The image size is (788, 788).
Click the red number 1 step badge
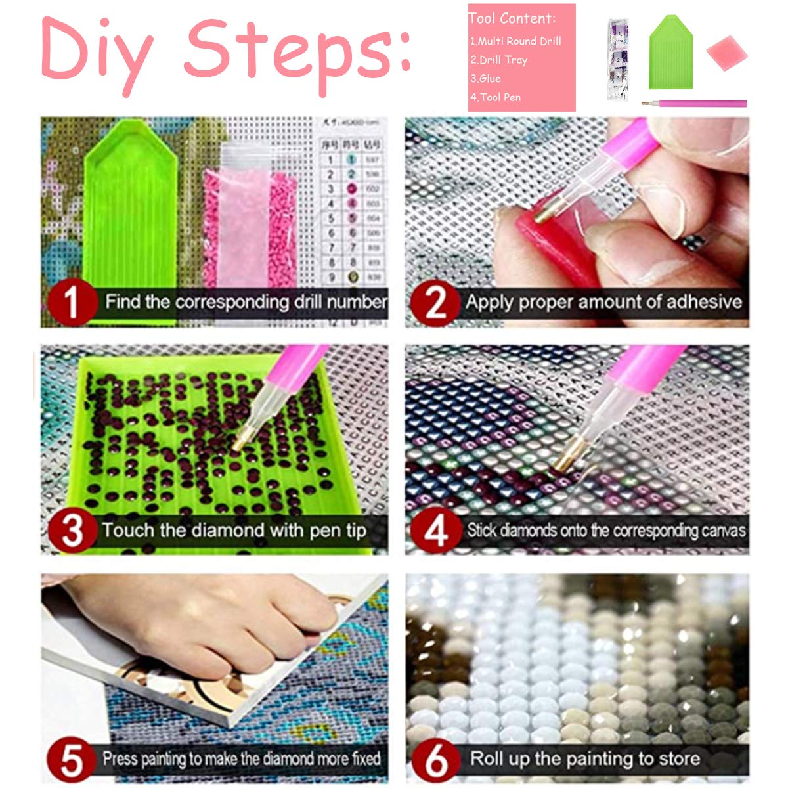[72, 303]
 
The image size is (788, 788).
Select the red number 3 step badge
[72, 531]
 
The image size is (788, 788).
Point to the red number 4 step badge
[435, 531]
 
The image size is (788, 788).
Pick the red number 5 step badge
[72, 759]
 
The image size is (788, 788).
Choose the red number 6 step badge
[435, 759]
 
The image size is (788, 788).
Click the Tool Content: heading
[513, 18]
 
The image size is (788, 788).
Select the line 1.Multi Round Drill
[515, 41]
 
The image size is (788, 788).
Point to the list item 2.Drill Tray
[499, 60]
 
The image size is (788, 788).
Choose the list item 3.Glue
[485, 78]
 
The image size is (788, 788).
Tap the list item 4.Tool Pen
[496, 97]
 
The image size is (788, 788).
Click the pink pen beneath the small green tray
[696, 104]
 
